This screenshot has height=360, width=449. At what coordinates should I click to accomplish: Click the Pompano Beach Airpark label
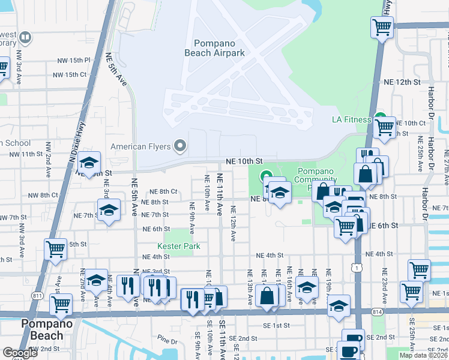click(x=219, y=48)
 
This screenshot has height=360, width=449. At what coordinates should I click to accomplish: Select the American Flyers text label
click(x=140, y=146)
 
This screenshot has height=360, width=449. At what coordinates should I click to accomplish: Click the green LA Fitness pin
click(x=379, y=118)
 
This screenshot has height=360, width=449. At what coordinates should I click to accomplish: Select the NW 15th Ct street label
click(x=70, y=75)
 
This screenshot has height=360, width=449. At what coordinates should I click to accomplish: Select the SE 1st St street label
click(x=277, y=325)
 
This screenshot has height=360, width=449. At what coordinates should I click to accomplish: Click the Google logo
click(x=20, y=353)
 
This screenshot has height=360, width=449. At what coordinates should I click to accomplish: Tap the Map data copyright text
click(x=423, y=355)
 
